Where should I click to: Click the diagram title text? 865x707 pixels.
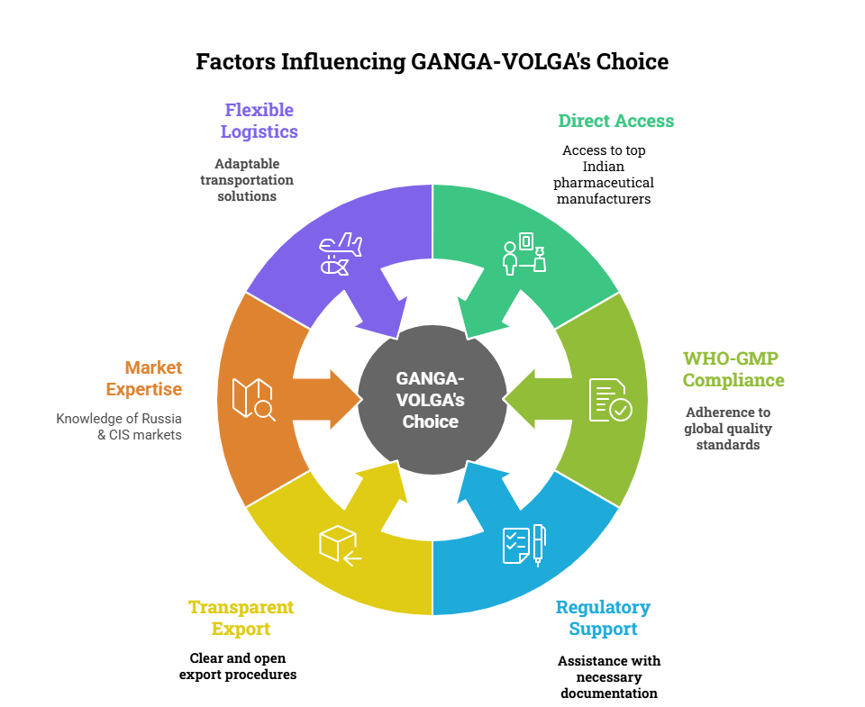pyautogui.click(x=432, y=62)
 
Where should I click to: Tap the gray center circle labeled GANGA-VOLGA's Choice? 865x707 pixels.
pyautogui.click(x=432, y=399)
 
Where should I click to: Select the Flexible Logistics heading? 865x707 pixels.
pyautogui.click(x=259, y=121)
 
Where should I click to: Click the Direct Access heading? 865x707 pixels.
pyautogui.click(x=615, y=121)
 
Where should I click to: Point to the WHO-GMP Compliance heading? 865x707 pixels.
pyautogui.click(x=733, y=369)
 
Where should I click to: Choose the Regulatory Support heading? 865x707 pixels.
pyautogui.click(x=602, y=618)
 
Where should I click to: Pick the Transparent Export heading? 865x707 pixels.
pyautogui.click(x=241, y=618)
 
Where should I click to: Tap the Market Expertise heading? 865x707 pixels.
pyautogui.click(x=144, y=378)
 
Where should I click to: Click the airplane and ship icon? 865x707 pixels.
pyautogui.click(x=341, y=254)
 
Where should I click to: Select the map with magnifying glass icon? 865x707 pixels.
pyautogui.click(x=252, y=398)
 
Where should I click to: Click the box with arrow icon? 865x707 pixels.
pyautogui.click(x=340, y=544)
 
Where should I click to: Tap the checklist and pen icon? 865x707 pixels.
pyautogui.click(x=524, y=544)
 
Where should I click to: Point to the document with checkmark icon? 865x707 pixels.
pyautogui.click(x=610, y=400)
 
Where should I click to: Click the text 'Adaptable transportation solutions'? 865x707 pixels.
pyautogui.click(x=247, y=179)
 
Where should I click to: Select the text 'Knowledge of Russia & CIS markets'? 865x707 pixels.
pyautogui.click(x=119, y=426)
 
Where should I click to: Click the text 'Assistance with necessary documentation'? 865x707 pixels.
pyautogui.click(x=608, y=676)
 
